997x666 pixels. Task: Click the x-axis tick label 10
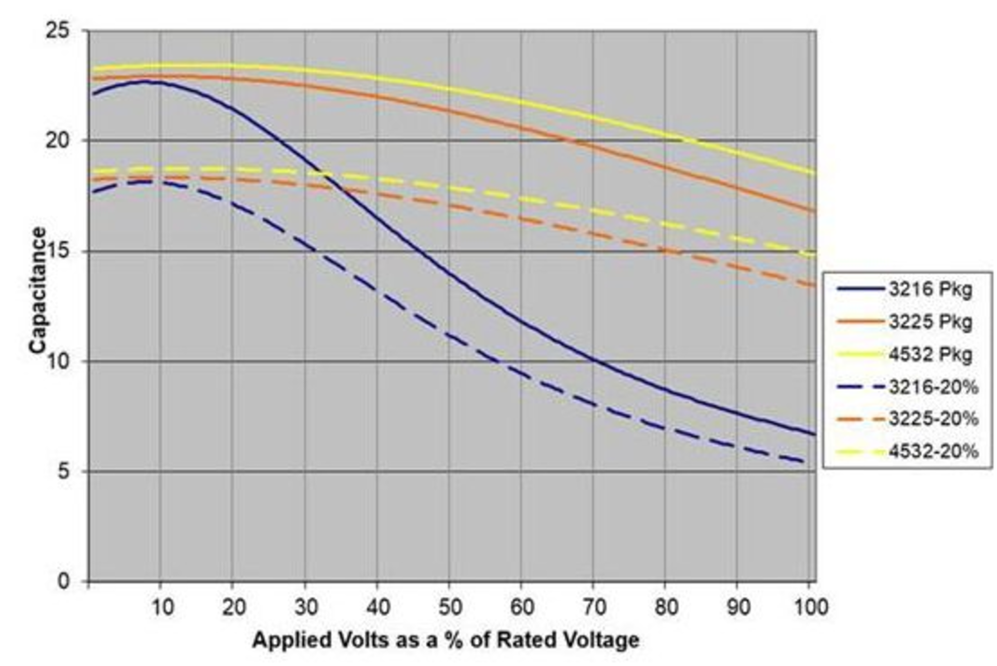click(x=162, y=607)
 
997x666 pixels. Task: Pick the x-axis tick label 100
click(x=810, y=607)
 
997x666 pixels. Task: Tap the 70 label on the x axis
click(x=595, y=607)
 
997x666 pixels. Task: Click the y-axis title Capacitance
click(x=37, y=291)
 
